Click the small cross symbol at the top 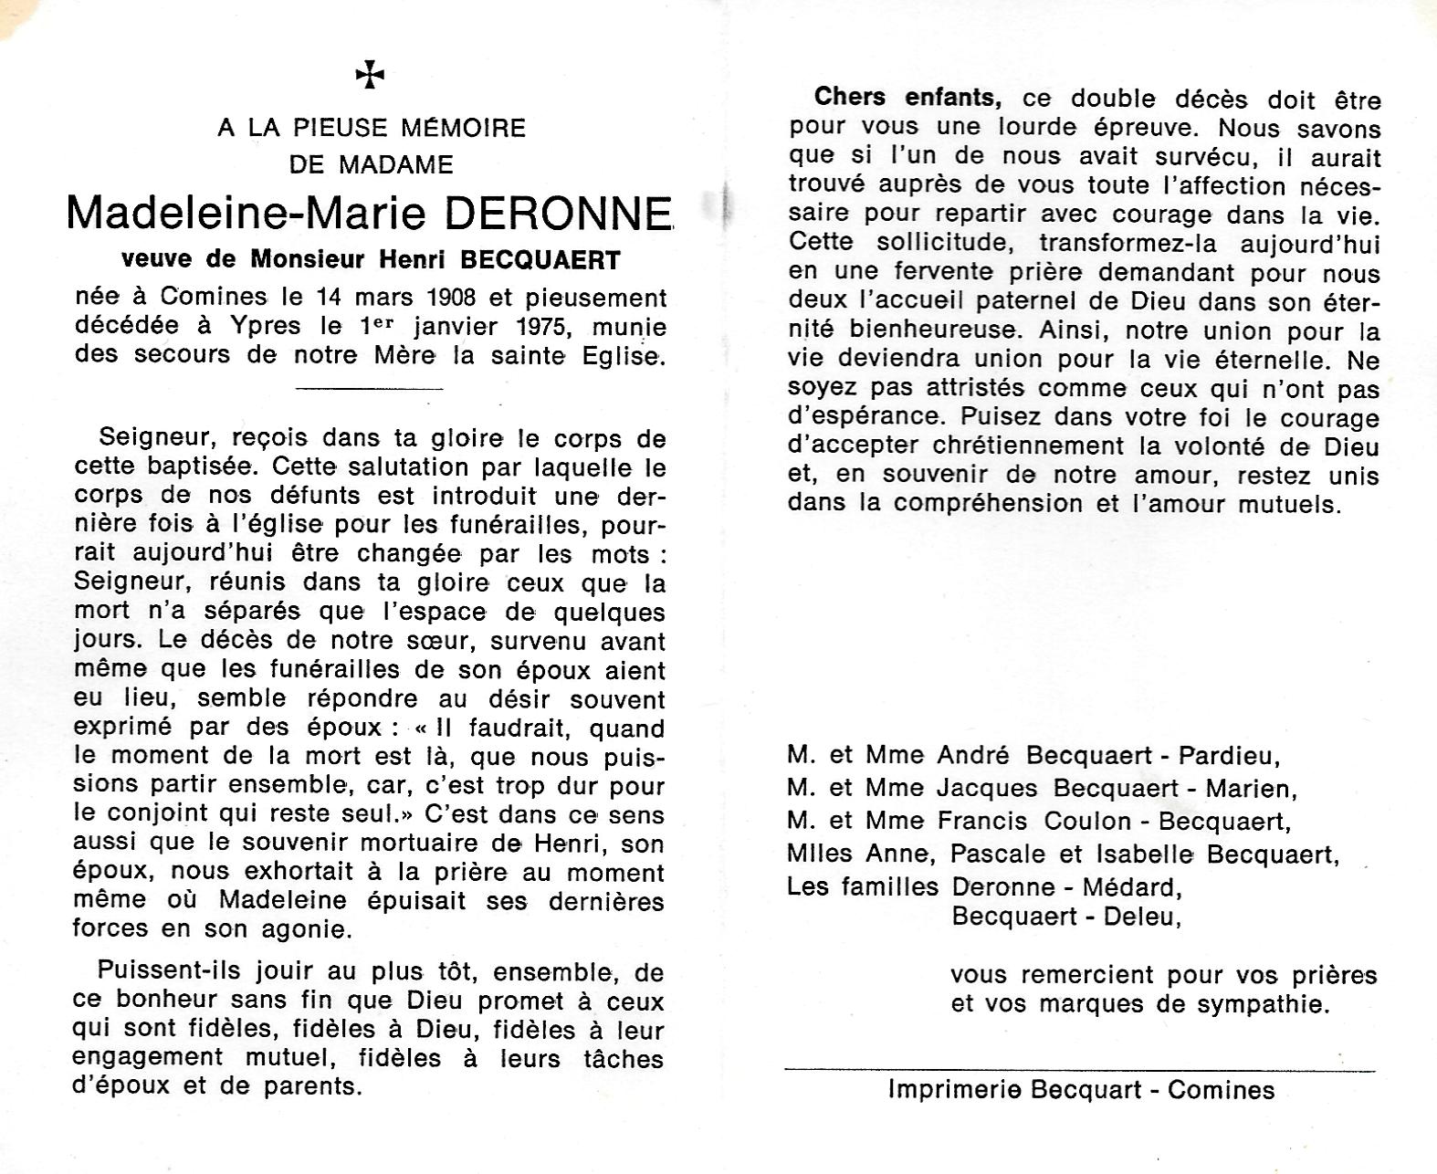[x=370, y=75]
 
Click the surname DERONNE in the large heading [x=558, y=213]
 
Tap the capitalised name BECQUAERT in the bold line [x=540, y=260]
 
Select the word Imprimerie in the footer [x=955, y=1089]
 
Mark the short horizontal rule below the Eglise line [x=371, y=389]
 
